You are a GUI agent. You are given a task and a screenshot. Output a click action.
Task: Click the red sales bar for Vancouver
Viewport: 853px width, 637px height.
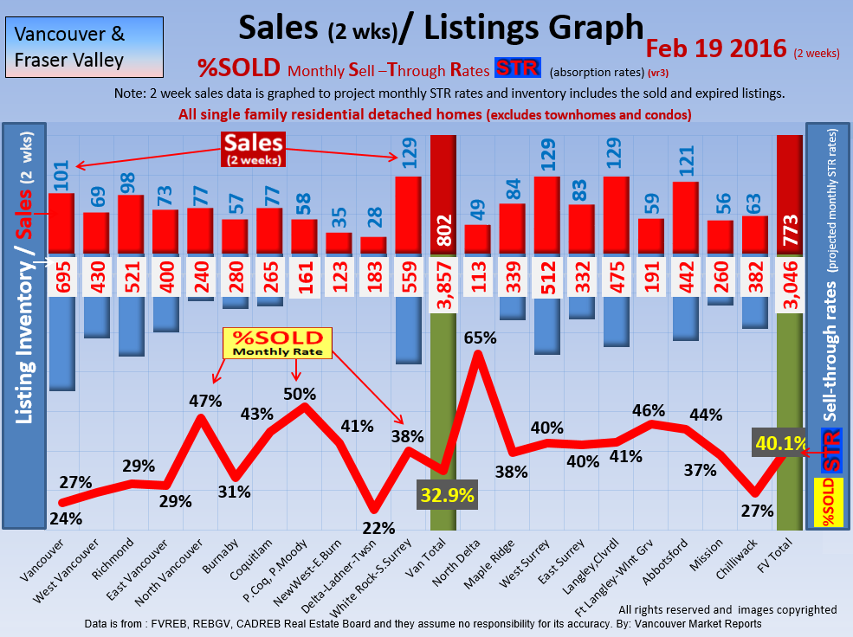click(x=61, y=223)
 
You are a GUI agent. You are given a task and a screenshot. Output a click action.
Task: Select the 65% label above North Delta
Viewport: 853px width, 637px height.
click(x=479, y=338)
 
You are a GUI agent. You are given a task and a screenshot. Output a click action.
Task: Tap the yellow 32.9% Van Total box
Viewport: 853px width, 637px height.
click(x=448, y=495)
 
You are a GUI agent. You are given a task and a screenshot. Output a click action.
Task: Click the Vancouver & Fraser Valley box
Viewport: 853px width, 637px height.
click(x=84, y=48)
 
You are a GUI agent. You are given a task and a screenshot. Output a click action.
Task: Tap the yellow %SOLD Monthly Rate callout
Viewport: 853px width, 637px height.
click(x=273, y=344)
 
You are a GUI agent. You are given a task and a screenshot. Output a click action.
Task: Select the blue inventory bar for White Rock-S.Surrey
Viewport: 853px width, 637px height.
click(x=409, y=330)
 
